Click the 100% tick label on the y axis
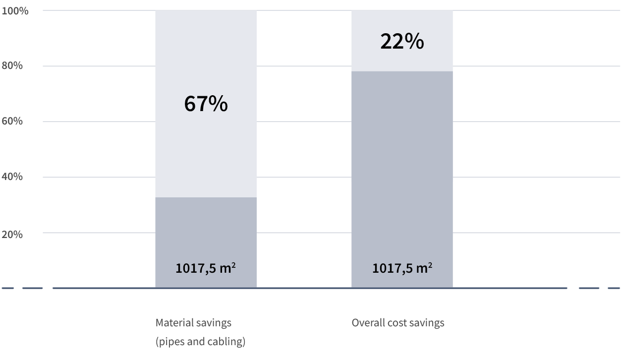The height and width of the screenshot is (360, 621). pyautogui.click(x=15, y=10)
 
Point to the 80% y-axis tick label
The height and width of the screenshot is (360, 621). pyautogui.click(x=12, y=65)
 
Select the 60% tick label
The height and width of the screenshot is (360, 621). pyautogui.click(x=12, y=121)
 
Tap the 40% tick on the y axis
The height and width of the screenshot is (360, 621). pyautogui.click(x=12, y=177)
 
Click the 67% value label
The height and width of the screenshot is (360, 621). pyautogui.click(x=206, y=104)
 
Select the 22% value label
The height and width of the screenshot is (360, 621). pyautogui.click(x=402, y=42)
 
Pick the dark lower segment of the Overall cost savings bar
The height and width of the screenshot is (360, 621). pyautogui.click(x=402, y=174)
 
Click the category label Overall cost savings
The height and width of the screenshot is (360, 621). pyautogui.click(x=398, y=323)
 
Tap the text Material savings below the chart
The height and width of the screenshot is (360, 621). pyautogui.click(x=193, y=323)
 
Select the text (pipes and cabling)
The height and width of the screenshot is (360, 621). pyautogui.click(x=200, y=342)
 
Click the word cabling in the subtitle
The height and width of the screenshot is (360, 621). pyautogui.click(x=230, y=342)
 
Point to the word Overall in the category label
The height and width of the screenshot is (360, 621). pyautogui.click(x=367, y=323)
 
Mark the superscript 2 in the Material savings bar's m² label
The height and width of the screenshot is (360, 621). pyautogui.click(x=233, y=265)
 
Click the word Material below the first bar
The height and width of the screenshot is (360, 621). pyautogui.click(x=173, y=323)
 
